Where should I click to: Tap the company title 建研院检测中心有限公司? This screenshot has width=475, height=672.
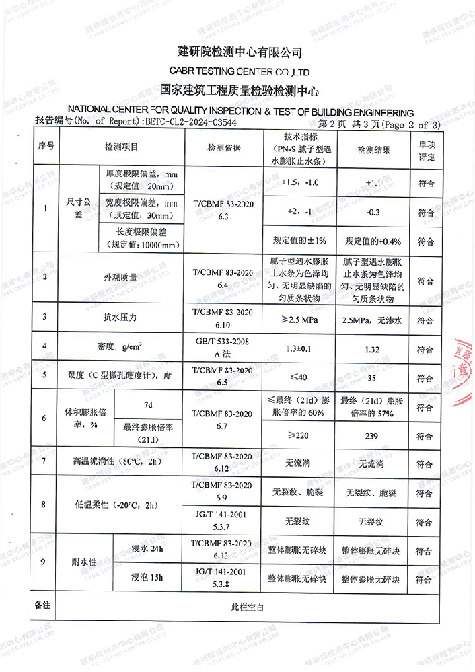tap(240, 52)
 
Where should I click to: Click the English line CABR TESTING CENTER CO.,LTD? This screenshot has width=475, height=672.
tap(240, 71)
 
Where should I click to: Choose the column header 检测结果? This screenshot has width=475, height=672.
tap(373, 147)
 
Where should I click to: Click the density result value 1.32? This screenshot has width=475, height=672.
tap(372, 349)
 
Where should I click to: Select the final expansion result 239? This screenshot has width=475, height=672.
tap(372, 436)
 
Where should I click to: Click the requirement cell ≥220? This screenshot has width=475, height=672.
tap(297, 436)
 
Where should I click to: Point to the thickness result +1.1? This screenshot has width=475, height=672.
tap(373, 182)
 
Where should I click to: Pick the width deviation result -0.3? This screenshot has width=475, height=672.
tap(373, 212)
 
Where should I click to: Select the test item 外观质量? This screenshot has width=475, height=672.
tap(120, 277)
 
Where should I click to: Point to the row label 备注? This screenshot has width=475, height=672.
tap(43, 605)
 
